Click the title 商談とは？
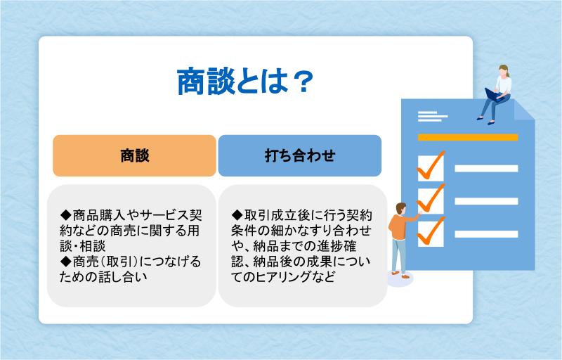pos(245,82)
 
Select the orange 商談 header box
pos(134,155)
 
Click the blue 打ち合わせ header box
pos(300,155)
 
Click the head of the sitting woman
pos(504,70)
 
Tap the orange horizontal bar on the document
pos(468,137)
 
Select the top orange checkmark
pos(431,165)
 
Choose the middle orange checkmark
pos(431,198)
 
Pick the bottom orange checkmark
pos(431,231)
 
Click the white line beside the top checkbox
pos(486,169)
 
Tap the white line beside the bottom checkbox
pos(486,234)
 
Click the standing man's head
pos(400,208)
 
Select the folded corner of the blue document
pos(523,110)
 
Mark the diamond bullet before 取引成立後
pos(237,215)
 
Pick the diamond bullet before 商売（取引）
pos(66,262)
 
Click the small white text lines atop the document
pos(433,117)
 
